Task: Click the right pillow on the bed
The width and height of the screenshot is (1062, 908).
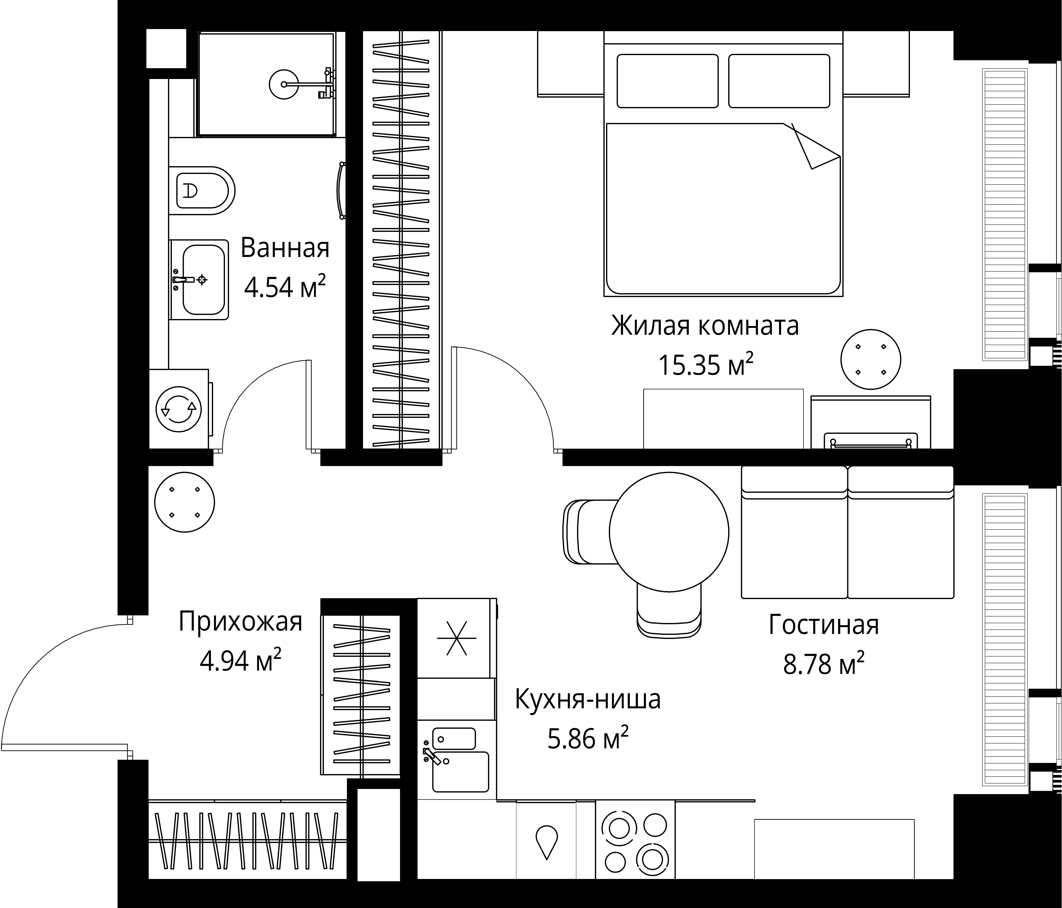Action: [x=779, y=81]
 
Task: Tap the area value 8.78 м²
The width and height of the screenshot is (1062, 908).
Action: [x=824, y=664]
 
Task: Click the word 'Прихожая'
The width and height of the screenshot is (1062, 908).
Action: [x=240, y=622]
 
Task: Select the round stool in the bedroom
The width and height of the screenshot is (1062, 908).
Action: [x=870, y=359]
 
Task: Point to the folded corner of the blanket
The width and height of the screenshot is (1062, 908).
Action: [x=815, y=149]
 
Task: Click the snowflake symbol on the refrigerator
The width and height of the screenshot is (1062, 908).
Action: [x=456, y=638]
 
